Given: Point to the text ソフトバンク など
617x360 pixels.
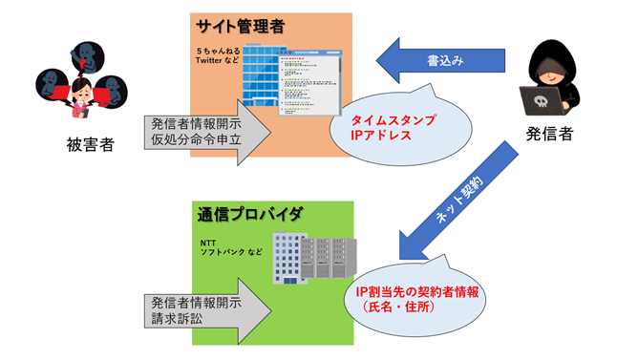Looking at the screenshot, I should [230, 253].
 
